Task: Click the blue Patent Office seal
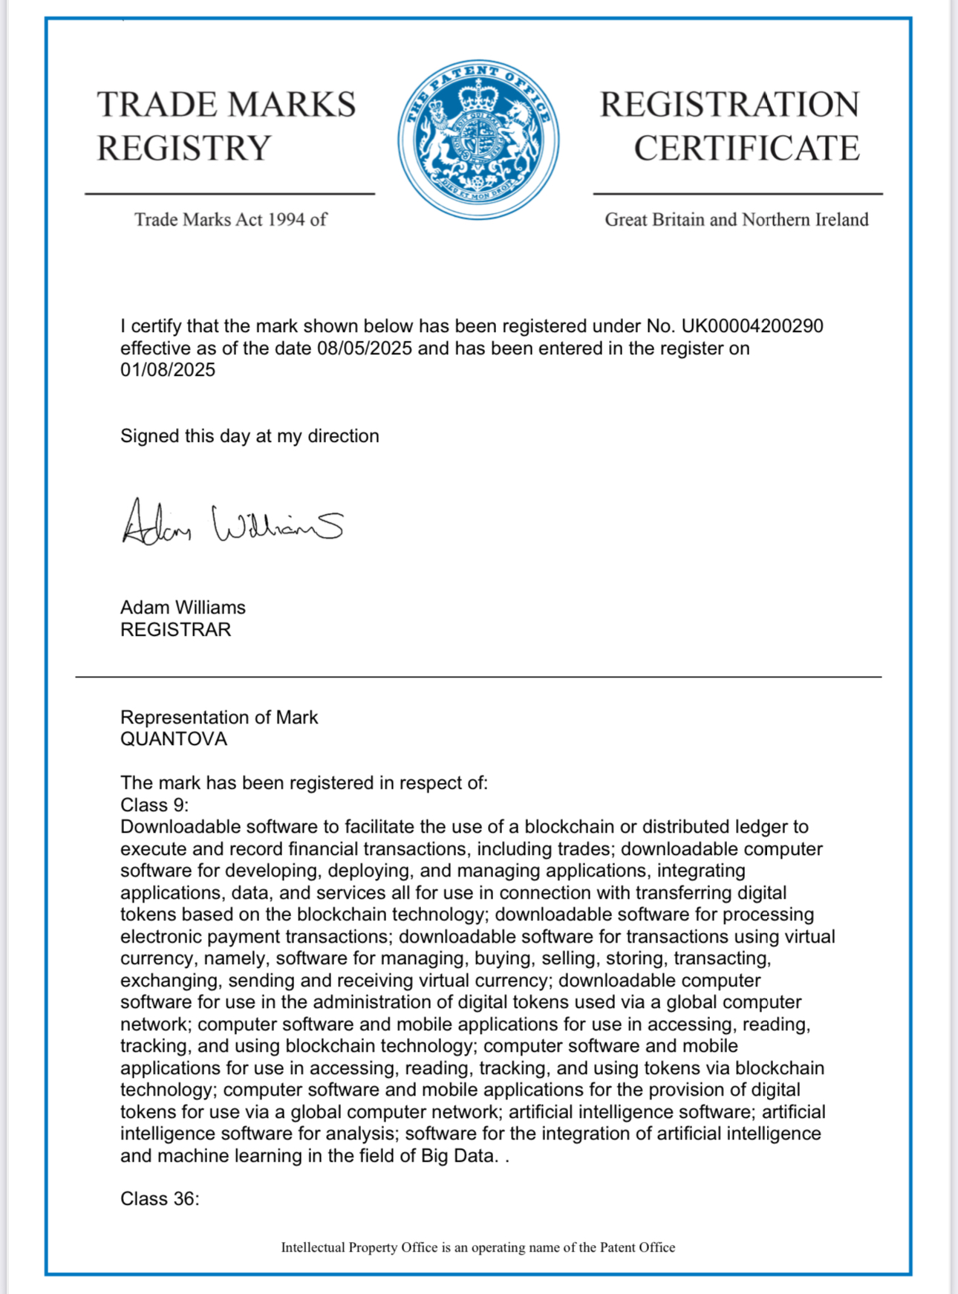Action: click(x=478, y=140)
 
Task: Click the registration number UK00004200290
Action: click(x=752, y=326)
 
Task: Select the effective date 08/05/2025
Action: click(x=364, y=348)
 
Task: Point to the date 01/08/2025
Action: click(x=168, y=370)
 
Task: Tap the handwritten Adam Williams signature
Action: click(x=232, y=523)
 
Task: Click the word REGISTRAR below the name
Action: click(x=176, y=630)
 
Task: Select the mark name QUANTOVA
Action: click(x=174, y=739)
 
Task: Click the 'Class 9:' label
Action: click(x=154, y=805)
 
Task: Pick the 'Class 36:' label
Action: click(x=160, y=1199)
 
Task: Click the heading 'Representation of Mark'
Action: click(x=219, y=718)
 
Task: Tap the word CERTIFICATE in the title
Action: click(x=746, y=149)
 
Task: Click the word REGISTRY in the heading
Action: click(x=184, y=149)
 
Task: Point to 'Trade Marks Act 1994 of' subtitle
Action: click(x=230, y=220)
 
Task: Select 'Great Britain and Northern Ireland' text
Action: click(x=736, y=220)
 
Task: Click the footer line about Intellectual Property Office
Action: click(x=478, y=1248)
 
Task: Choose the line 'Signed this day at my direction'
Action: click(x=250, y=436)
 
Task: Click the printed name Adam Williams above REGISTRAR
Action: click(x=183, y=608)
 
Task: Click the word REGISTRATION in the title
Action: click(x=729, y=105)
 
